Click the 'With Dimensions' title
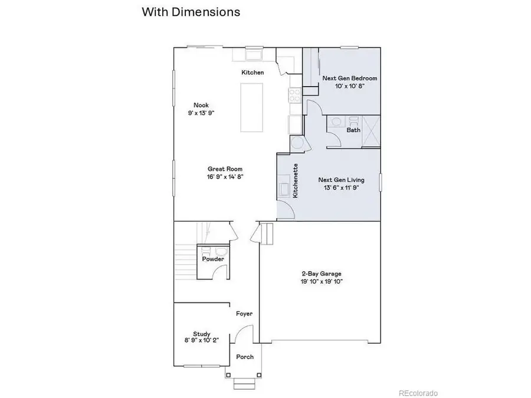click(191, 12)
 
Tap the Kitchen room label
click(252, 73)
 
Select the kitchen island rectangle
click(251, 108)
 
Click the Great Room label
click(225, 168)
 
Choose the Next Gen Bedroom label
click(349, 78)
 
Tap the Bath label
click(353, 130)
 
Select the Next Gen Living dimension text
click(341, 188)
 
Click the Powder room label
click(213, 259)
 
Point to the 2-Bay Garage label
click(322, 274)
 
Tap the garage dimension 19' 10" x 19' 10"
click(322, 282)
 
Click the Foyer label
click(244, 314)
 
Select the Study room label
click(202, 333)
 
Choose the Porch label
click(244, 357)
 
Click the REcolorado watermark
click(418, 393)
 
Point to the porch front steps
click(244, 385)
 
